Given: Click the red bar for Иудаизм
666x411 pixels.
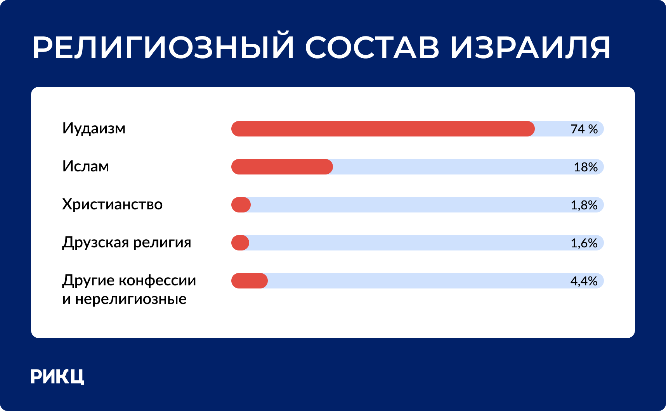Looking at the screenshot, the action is coord(383,129).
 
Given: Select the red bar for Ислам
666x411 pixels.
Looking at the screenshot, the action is coord(282,167).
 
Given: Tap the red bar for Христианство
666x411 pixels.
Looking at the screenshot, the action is coord(241,205).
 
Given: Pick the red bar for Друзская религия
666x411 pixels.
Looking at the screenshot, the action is coord(240,243).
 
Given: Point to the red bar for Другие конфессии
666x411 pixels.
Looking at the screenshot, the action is coord(250,281).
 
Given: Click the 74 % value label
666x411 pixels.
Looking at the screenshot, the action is coord(584,129).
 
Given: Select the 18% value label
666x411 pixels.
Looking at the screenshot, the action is coord(586,167).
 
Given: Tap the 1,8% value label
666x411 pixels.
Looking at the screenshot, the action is coord(584,205).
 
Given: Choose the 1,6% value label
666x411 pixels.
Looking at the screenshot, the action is coord(584,243).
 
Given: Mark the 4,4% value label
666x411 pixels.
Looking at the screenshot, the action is coord(584,281).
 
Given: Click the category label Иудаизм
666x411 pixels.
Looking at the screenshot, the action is coord(94,128).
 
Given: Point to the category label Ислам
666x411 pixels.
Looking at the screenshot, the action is coord(86,166).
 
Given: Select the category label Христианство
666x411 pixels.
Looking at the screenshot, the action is coord(113,204).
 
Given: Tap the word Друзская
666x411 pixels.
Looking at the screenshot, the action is coord(95,243).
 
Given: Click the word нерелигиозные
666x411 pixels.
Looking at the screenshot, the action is coord(131,299).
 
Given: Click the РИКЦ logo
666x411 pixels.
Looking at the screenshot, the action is coord(57,376).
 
